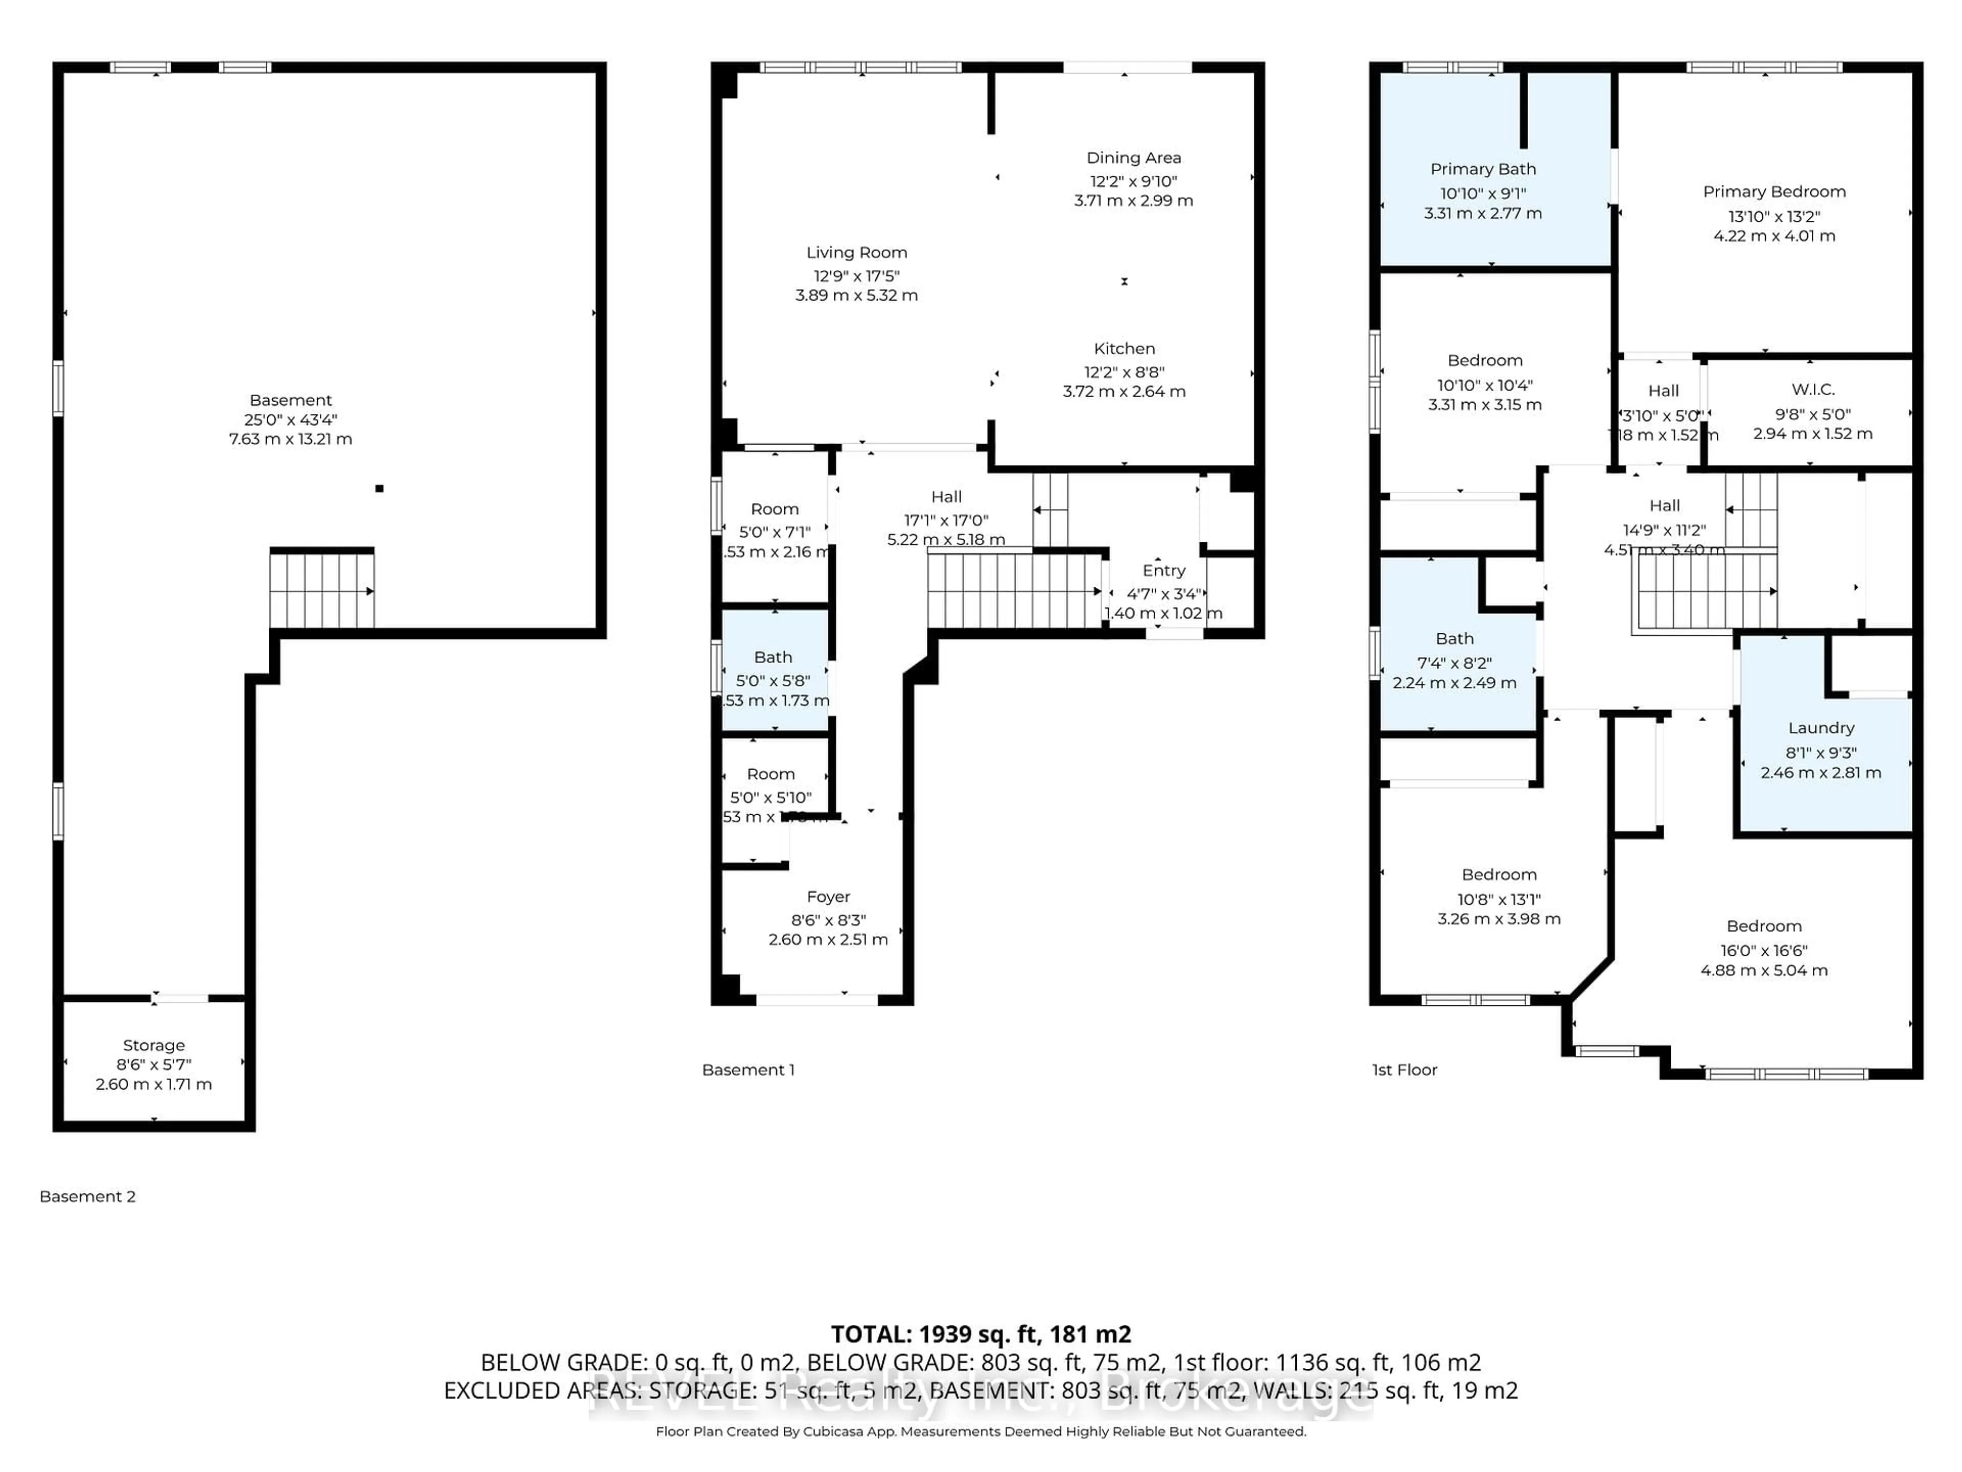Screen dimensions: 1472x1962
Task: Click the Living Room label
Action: coord(856,253)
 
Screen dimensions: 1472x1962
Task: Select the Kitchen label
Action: coord(1124,349)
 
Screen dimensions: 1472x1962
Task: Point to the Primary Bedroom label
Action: coord(1773,192)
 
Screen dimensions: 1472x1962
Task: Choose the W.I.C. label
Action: coord(1812,389)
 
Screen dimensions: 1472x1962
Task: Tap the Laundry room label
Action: coord(1820,728)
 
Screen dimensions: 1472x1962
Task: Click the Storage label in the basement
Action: coord(153,1045)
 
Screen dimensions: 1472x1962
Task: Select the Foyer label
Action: coord(828,897)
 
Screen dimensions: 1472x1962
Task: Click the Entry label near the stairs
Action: coord(1163,570)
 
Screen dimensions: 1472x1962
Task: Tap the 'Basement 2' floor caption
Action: coord(87,1196)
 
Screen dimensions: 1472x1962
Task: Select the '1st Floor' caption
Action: coord(1404,1070)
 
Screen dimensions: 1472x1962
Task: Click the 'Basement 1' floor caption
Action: coord(748,1070)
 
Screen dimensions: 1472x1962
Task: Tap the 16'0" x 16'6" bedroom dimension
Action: coord(1763,950)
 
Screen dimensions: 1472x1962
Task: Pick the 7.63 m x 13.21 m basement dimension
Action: coord(290,439)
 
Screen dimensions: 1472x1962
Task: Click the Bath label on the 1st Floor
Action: coord(1454,639)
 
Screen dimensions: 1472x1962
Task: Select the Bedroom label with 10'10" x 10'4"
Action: coord(1484,360)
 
